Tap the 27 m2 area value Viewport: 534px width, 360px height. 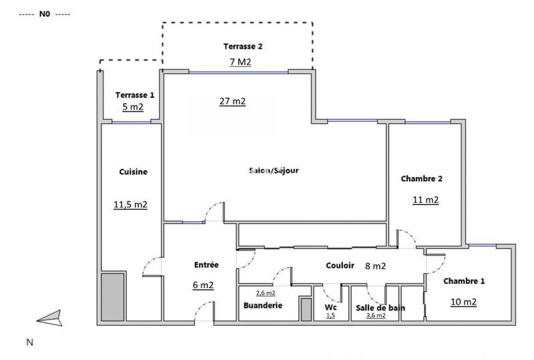click(232, 102)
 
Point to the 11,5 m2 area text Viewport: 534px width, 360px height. click(130, 204)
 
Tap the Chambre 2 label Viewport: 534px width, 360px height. click(422, 178)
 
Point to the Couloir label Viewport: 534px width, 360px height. click(340, 265)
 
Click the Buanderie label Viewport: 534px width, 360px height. click(263, 305)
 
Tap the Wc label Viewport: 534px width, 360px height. click(330, 307)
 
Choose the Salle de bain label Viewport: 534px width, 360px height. click(376, 307)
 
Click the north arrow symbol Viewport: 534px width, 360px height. click(49, 319)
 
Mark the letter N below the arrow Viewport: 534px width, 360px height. click(29, 342)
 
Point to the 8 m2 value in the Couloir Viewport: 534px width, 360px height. click(375, 266)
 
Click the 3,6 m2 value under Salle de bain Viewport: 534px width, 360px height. click(376, 315)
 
